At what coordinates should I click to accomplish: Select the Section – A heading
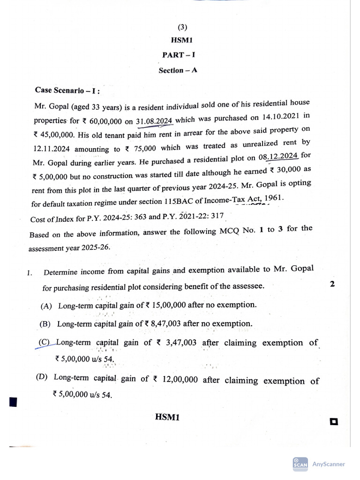(178, 70)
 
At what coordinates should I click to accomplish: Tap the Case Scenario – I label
(67, 90)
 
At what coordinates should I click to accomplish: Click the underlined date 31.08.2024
(154, 120)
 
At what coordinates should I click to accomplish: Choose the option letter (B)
(45, 324)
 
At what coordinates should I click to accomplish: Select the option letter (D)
(42, 377)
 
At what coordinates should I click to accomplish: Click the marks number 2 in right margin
(332, 284)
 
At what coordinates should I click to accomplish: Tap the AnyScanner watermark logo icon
(300, 464)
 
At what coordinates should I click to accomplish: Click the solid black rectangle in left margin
(13, 402)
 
